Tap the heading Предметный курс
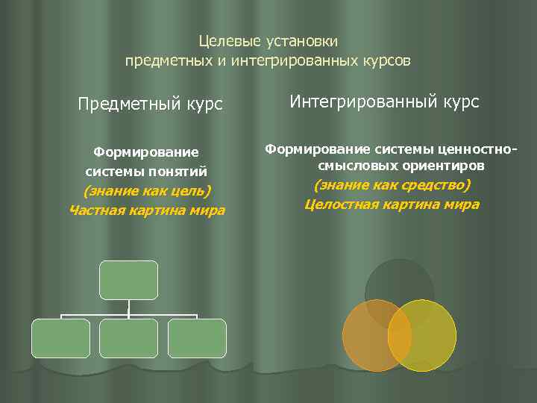pos(150,104)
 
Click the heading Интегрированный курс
pos(384,101)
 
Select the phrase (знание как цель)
pos(147,191)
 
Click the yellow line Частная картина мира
pos(147,210)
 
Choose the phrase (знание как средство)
pos(392,184)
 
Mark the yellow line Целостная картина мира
pos(392,204)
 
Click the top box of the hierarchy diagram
pos(129,280)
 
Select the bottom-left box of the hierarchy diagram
pos(60,338)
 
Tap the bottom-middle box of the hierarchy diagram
pos(129,338)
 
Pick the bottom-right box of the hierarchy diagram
pos(197,338)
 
